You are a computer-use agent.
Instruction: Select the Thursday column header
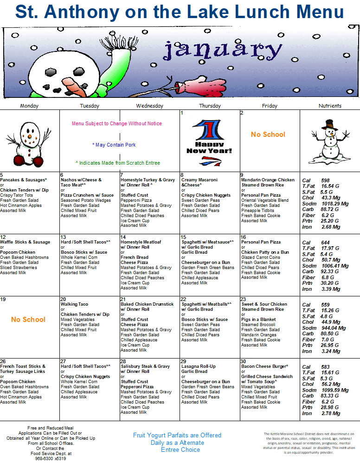[x=210, y=106]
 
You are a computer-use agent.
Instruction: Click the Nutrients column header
[x=330, y=106]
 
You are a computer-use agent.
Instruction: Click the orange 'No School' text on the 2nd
[x=268, y=135]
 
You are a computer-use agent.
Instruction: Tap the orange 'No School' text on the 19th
[x=28, y=320]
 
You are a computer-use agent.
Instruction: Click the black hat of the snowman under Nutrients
[x=330, y=124]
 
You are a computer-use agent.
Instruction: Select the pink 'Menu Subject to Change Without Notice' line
[x=117, y=124]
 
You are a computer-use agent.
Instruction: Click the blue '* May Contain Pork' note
[x=114, y=145]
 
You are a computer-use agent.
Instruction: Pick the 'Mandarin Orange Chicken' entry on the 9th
[x=268, y=180]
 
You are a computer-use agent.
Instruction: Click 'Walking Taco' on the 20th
[x=74, y=304]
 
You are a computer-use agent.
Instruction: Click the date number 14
[x=123, y=237]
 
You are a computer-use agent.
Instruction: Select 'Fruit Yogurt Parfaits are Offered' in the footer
[x=177, y=435]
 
